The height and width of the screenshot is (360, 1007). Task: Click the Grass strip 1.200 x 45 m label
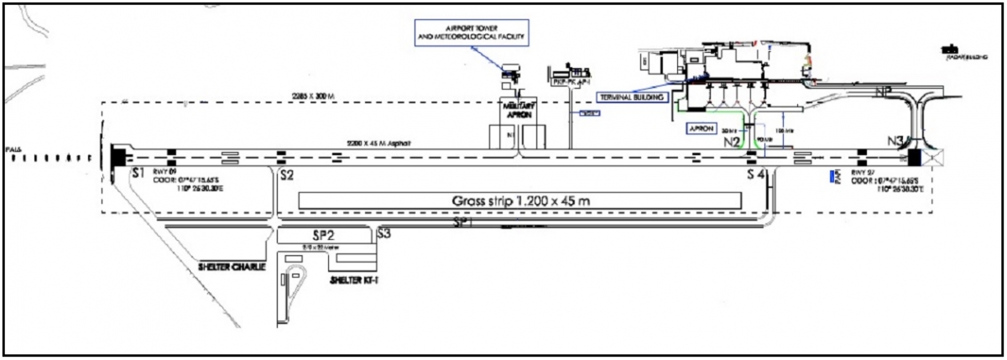click(519, 202)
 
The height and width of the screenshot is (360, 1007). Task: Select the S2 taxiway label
click(286, 175)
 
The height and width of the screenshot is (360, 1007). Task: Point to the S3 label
click(384, 234)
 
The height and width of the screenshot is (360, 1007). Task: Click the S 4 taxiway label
click(756, 175)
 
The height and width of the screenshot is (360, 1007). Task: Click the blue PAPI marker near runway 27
click(832, 177)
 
